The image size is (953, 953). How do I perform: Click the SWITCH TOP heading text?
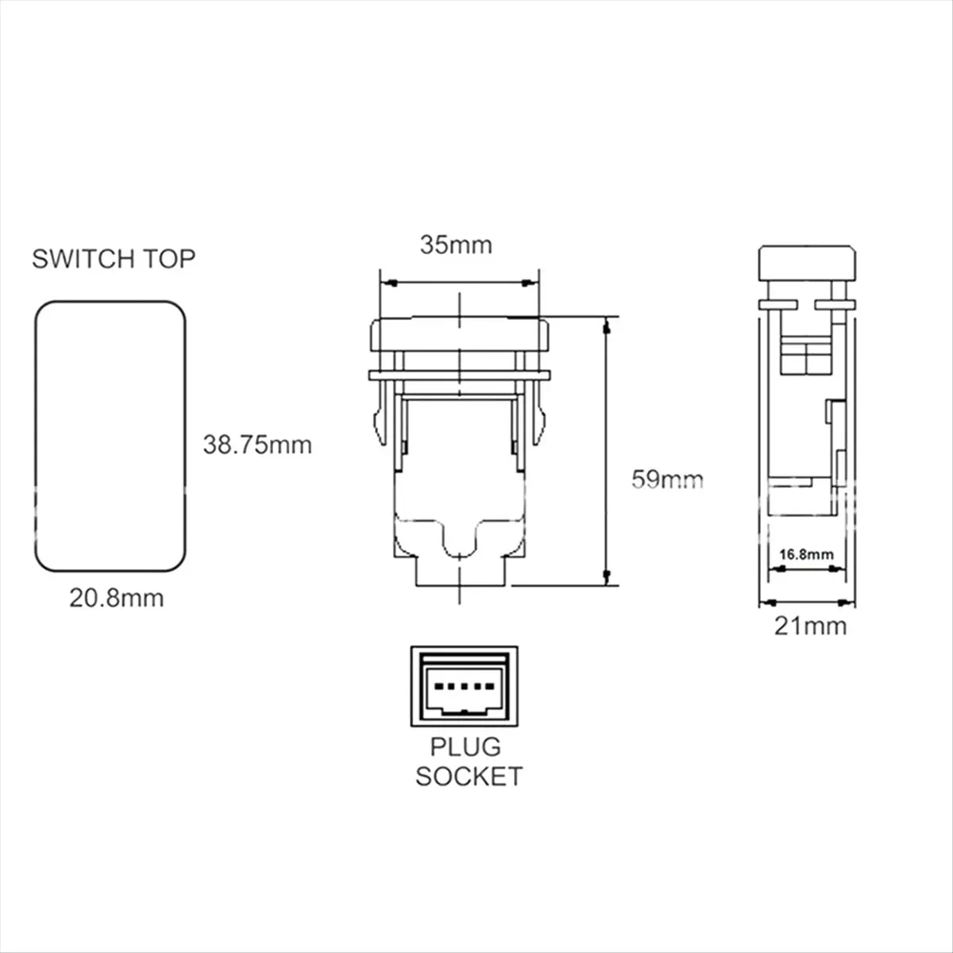coord(114,259)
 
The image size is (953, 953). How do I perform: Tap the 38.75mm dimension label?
coord(257,445)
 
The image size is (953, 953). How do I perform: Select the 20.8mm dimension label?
coord(117,599)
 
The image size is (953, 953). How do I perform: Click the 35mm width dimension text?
coord(456,245)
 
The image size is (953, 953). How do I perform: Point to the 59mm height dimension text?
coord(667,479)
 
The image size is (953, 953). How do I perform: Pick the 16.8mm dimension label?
coord(806,554)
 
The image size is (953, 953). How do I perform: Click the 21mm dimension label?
coord(810,626)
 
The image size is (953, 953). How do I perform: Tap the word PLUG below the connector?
coord(465,747)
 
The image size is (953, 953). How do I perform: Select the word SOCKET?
coord(469,777)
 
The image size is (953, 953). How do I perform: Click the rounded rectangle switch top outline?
coord(35,435)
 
